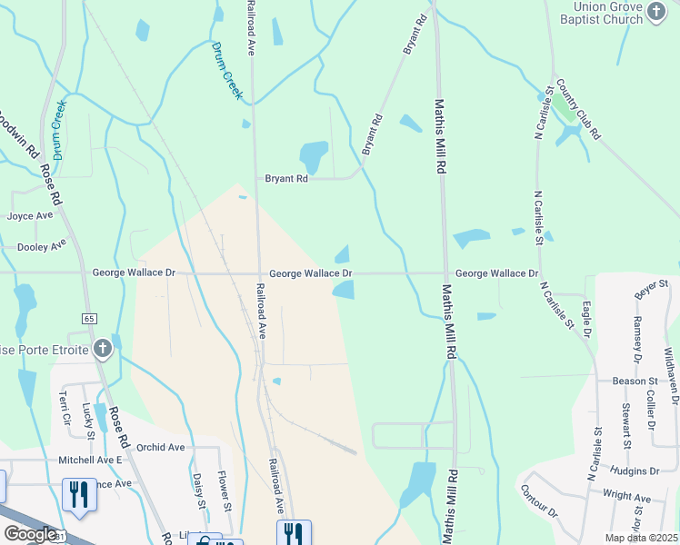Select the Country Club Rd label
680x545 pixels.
pos(578,107)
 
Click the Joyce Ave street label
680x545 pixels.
pos(30,216)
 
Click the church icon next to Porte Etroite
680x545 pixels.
pos(103,349)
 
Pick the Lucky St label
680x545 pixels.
pos(88,421)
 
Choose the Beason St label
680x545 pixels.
pos(635,381)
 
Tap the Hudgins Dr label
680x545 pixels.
pos(635,471)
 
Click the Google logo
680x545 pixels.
pos(29,534)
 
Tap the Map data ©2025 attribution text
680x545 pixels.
pos(642,538)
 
